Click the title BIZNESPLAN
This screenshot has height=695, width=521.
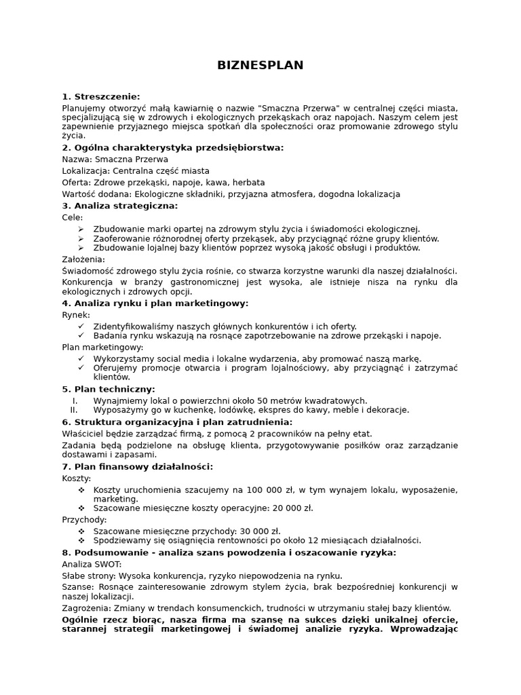click(260, 66)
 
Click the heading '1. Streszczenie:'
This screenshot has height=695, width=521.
click(100, 96)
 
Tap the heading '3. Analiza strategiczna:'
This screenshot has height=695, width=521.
click(119, 206)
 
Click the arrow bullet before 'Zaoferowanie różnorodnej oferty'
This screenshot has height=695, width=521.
click(81, 239)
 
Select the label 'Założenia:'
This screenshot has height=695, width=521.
click(83, 259)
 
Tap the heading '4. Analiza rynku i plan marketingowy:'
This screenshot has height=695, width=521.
click(155, 303)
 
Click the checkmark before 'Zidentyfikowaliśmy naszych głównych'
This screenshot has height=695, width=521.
click(81, 326)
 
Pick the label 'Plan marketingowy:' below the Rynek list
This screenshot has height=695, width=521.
click(102, 347)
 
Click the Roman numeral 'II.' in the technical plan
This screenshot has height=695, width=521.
click(74, 410)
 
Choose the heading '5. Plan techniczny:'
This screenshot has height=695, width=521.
click(109, 390)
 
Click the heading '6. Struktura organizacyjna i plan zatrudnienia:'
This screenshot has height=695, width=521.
click(176, 422)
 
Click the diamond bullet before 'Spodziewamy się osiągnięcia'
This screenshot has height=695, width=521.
click(81, 541)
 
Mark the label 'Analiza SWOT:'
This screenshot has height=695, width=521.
click(92, 564)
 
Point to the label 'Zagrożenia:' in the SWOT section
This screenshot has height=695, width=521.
click(86, 609)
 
